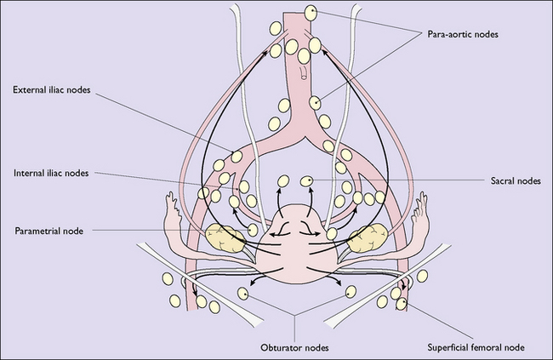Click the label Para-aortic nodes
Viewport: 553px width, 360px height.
[463, 34]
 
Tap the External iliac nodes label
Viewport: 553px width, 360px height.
[52, 89]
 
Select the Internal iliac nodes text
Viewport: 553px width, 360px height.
[51, 173]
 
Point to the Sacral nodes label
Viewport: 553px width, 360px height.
[516, 180]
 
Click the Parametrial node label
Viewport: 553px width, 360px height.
[49, 231]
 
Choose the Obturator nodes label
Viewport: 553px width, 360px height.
[294, 347]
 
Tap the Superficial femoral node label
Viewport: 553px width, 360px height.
[476, 347]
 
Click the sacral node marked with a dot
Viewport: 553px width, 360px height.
[306, 181]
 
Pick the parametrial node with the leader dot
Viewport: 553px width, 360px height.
[253, 230]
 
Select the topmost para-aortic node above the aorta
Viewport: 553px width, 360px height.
[311, 13]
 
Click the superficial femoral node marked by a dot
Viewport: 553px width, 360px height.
[402, 304]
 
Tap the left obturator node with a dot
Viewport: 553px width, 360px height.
[242, 294]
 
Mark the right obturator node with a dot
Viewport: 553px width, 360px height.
[351, 292]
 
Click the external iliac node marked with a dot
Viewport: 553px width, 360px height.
[237, 157]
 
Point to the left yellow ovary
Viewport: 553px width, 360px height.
[225, 238]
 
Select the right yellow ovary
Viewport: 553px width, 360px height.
[368, 238]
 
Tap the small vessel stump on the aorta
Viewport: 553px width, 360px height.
[304, 72]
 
